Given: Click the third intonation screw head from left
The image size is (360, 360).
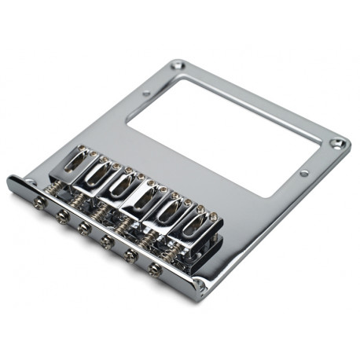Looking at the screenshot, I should tap(84, 227).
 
